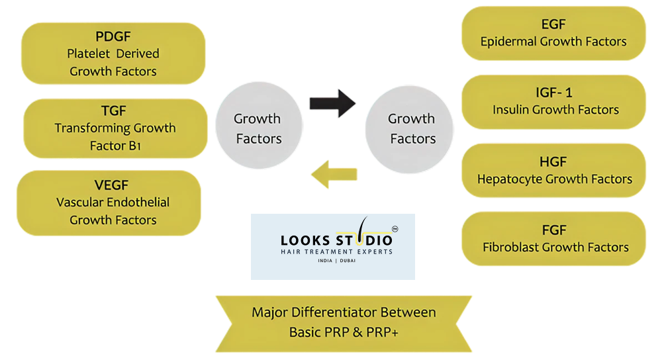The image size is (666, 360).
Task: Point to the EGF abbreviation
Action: pos(553,24)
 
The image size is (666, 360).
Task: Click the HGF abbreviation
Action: pos(554,161)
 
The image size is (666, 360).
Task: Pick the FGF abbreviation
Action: pos(554,230)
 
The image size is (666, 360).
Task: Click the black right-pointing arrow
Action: pos(332,104)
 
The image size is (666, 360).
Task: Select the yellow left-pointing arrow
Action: pos(334,175)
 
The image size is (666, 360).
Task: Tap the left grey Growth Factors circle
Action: pos(258,128)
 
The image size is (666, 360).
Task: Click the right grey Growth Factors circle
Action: pos(411,128)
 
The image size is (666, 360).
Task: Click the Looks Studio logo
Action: pos(333,246)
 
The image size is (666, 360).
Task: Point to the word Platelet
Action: pos(88,54)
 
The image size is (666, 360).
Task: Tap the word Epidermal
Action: pos(510,41)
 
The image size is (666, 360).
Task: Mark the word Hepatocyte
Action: pos(510,179)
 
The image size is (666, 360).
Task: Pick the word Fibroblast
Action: pos(510,247)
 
